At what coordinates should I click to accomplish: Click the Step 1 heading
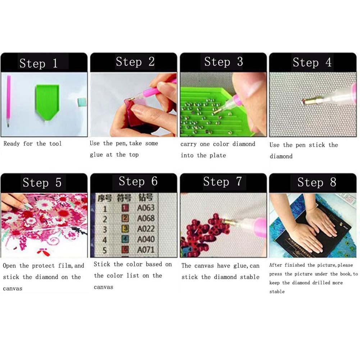[x=38, y=64]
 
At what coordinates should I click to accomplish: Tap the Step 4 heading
[x=312, y=63]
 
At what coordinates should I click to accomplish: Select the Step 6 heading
[x=138, y=182]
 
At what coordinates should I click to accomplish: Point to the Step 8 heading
[x=316, y=182]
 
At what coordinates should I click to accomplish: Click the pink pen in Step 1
[x=8, y=101]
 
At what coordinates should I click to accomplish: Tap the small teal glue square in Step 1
[x=82, y=102]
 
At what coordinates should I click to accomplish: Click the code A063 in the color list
[x=146, y=208]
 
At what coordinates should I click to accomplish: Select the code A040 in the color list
[x=146, y=239]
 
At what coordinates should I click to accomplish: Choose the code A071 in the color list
[x=146, y=250]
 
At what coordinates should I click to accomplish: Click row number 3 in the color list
[x=105, y=229]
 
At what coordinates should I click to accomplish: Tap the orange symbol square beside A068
[x=125, y=218]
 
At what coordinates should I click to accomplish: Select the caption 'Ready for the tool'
[x=33, y=144]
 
